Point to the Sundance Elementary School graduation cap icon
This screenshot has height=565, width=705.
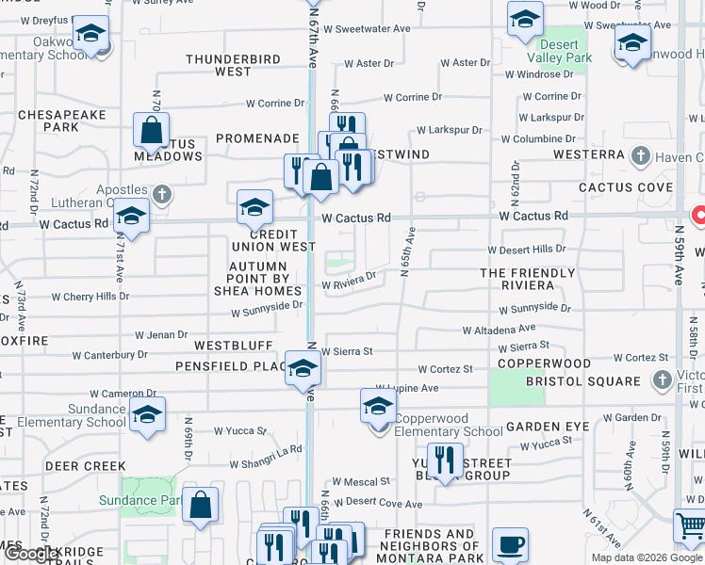click(148, 414)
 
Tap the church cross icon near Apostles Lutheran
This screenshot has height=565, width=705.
click(162, 195)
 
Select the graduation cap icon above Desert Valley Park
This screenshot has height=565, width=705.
click(524, 19)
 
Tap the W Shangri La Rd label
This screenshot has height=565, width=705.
click(267, 450)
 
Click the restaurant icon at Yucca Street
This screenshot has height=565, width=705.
click(445, 460)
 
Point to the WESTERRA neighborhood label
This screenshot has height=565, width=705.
click(589, 153)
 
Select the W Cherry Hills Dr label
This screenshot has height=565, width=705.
click(90, 297)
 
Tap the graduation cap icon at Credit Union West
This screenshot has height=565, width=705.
click(254, 207)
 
